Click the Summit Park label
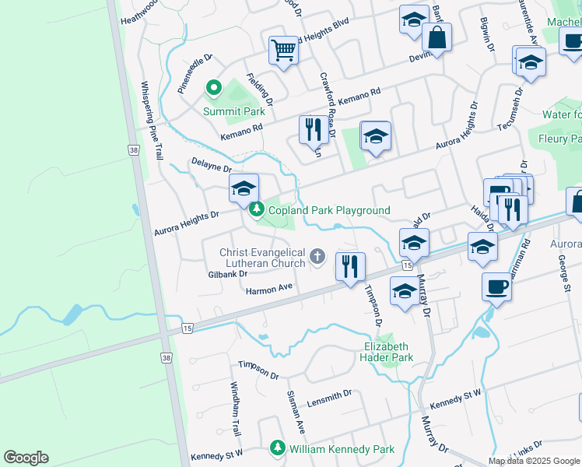[234, 111]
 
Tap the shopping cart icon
[284, 51]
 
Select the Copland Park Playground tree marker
[257, 210]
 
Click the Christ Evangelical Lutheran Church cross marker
[317, 256]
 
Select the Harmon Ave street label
[268, 290]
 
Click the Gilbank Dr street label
[227, 274]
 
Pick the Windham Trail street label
[234, 409]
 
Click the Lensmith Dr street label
[329, 397]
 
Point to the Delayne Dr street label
[212, 167]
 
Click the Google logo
[26, 458]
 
